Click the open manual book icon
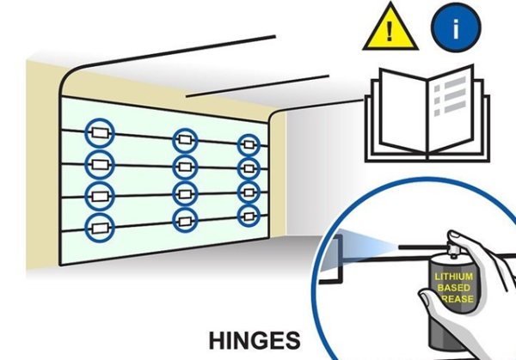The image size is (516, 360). pyautogui.click(x=427, y=118)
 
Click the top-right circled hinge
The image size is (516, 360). pyautogui.click(x=249, y=144)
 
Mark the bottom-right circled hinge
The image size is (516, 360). pyautogui.click(x=249, y=215)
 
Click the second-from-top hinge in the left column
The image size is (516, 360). pyautogui.click(x=98, y=163)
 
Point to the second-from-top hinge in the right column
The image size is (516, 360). pyautogui.click(x=249, y=167)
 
